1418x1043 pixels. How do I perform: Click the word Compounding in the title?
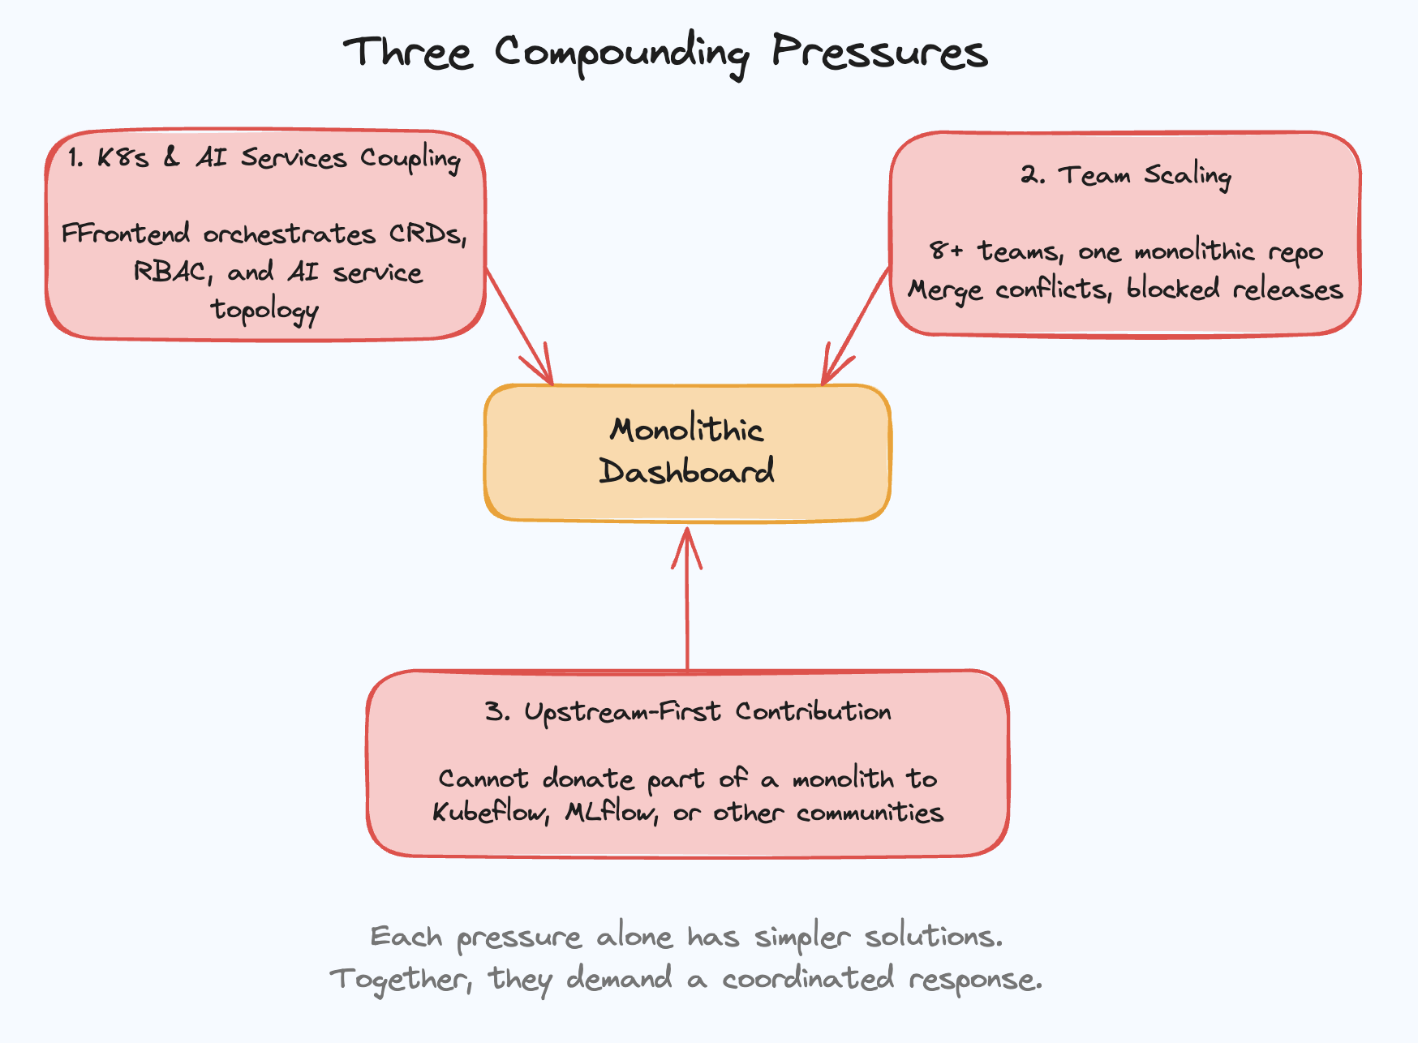tap(621, 54)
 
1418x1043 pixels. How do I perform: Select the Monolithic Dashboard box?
tap(687, 453)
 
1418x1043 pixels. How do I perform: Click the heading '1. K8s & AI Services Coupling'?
tap(264, 157)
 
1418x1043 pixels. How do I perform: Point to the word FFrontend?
tap(125, 234)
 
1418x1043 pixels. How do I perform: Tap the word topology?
tap(264, 310)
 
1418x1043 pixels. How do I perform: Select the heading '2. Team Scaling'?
tap(1126, 175)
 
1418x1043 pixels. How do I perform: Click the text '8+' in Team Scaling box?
tap(946, 251)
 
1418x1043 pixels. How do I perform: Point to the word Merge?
tap(944, 290)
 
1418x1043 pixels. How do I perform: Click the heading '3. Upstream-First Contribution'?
tap(688, 712)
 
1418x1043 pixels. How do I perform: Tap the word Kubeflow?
tap(490, 812)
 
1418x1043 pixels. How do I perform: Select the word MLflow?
tap(611, 812)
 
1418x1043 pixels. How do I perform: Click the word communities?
tap(870, 812)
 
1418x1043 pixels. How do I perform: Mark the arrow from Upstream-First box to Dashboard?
tap(687, 600)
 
